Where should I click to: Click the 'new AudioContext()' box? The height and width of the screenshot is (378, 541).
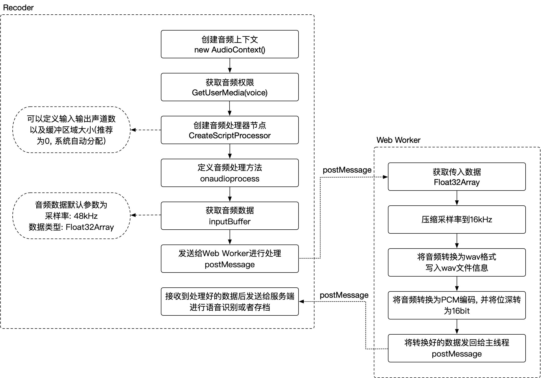[230, 44]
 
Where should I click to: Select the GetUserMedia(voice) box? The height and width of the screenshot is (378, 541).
[230, 87]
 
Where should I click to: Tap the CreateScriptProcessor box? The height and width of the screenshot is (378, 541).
[230, 130]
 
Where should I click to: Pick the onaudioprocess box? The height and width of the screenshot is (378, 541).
[230, 173]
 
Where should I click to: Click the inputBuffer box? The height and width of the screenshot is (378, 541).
[230, 216]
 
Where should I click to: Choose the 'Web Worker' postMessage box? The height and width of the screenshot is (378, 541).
[230, 259]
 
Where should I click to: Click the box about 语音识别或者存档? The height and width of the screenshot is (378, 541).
[230, 302]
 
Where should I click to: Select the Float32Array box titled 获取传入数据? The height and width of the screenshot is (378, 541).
[457, 177]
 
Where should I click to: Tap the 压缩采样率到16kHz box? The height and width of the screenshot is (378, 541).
[457, 220]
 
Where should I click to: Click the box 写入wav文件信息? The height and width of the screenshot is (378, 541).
[457, 262]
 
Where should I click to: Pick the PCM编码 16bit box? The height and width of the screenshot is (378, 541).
[457, 305]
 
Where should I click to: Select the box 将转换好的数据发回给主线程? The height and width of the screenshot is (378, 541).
[457, 348]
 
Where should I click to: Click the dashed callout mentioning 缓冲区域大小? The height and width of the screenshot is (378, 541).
[71, 130]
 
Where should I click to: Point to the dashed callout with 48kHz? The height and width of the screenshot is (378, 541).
[71, 216]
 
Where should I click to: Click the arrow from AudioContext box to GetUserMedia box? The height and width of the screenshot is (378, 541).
[230, 66]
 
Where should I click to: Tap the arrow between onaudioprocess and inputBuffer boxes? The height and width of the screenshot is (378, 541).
[230, 194]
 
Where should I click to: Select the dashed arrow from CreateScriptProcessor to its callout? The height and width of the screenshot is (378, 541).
[146, 130]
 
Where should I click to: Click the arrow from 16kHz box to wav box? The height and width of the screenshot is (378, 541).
[457, 241]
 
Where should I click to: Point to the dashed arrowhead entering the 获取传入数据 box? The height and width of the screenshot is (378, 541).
[385, 177]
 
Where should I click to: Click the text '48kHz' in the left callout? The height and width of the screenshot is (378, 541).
[86, 216]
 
